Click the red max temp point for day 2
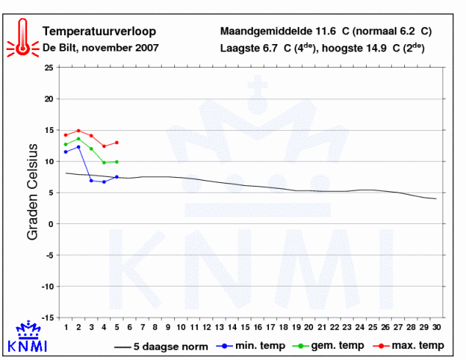(79, 131)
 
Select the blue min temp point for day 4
(104, 181)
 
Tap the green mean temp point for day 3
(91, 149)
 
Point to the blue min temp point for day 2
(79, 147)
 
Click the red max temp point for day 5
(117, 143)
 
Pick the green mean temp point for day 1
(65, 144)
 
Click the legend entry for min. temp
(251, 346)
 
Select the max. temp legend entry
(409, 346)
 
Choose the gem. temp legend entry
(328, 346)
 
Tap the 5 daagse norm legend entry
(161, 347)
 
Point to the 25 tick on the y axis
(49, 68)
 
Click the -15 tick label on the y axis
(47, 318)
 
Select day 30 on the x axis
(437, 328)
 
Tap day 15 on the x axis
(245, 328)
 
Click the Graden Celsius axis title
(32, 192)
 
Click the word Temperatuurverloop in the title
(99, 32)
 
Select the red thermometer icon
(23, 37)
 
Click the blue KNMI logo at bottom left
(28, 336)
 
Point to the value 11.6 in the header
(326, 31)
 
